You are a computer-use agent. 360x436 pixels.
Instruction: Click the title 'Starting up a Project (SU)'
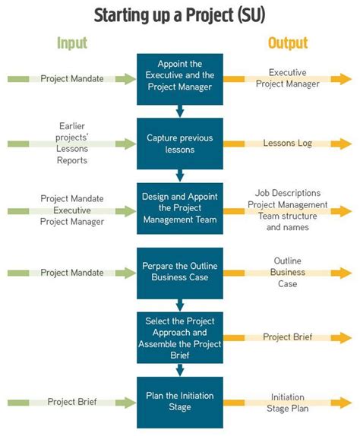pos(180,14)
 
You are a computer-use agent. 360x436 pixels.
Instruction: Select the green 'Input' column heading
pos(71,43)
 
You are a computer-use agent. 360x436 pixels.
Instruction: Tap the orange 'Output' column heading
pos(288,43)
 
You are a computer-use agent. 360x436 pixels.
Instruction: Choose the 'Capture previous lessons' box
pos(180,144)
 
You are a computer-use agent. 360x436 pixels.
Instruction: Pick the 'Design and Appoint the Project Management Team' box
pos(180,208)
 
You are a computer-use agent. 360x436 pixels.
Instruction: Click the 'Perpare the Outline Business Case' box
pos(180,272)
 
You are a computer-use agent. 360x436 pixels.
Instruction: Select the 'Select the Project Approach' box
pos(180,336)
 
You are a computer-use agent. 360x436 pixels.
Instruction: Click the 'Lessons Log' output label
pos(288,143)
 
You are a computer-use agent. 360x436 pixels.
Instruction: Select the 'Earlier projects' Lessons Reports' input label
pos(71,143)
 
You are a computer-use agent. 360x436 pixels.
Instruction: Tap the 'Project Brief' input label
pos(71,402)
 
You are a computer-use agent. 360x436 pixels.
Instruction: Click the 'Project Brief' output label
pos(288,336)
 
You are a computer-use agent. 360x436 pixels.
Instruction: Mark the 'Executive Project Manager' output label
pos(288,78)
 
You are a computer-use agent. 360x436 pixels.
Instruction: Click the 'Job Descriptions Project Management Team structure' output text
pos(288,204)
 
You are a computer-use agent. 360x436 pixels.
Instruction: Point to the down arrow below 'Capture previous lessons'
pos(180,175)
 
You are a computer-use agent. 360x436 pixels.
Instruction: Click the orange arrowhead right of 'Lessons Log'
pos(346,144)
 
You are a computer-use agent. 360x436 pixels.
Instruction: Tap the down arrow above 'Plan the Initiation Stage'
pos(180,370)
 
